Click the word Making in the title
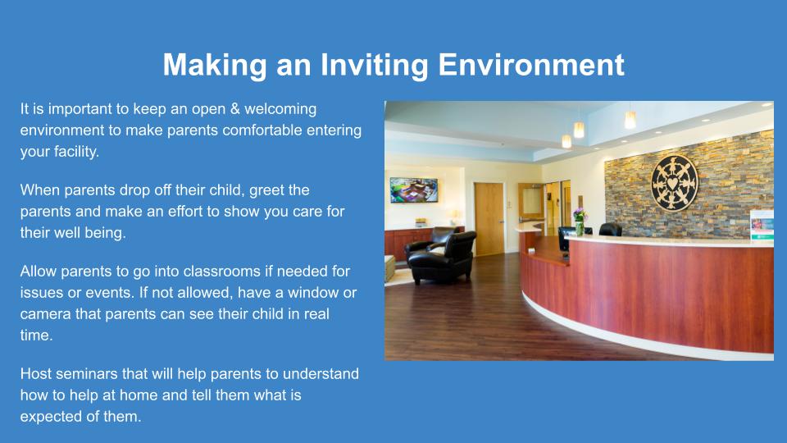pyautogui.click(x=215, y=66)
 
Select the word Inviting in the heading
pyautogui.click(x=374, y=66)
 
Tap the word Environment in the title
pyautogui.click(x=531, y=65)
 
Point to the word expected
pyautogui.click(x=51, y=418)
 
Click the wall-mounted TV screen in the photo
pyautogui.click(x=414, y=190)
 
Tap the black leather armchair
pyautogui.click(x=442, y=256)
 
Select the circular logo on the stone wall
pyautogui.click(x=674, y=182)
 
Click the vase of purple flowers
pyautogui.click(x=580, y=222)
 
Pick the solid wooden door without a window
pyautogui.click(x=489, y=218)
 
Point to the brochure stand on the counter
pyautogui.click(x=762, y=226)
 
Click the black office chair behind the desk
pyautogui.click(x=610, y=230)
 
